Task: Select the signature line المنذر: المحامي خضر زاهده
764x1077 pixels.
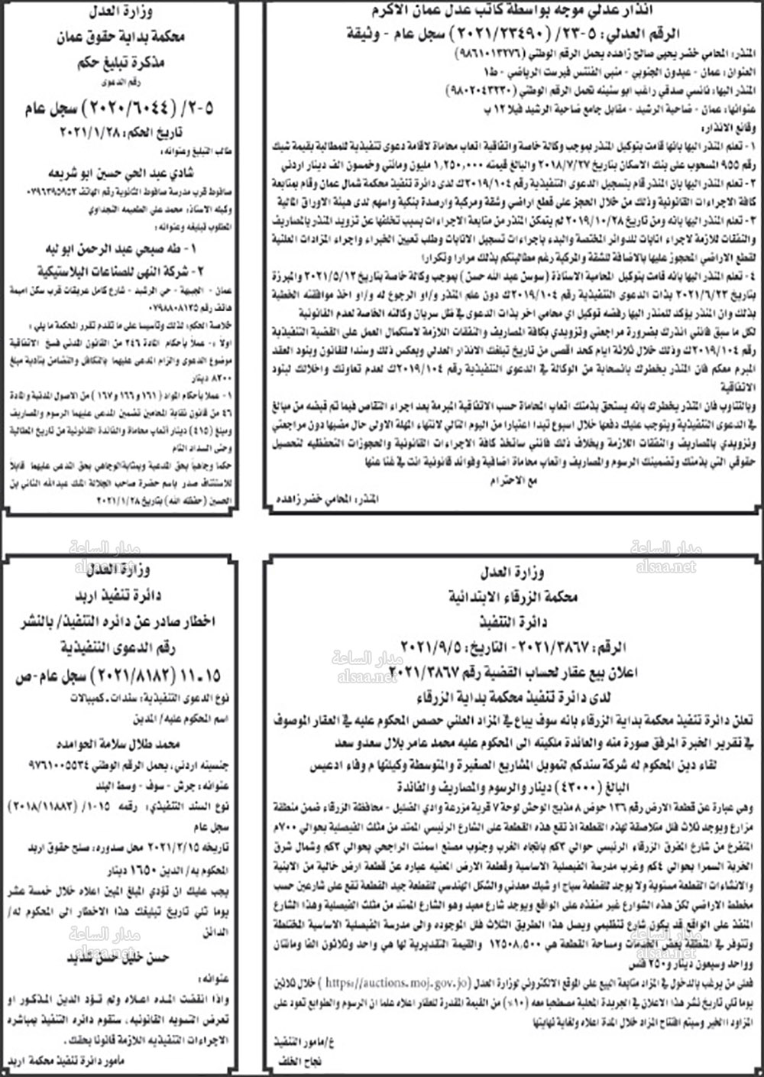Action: tap(326, 499)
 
